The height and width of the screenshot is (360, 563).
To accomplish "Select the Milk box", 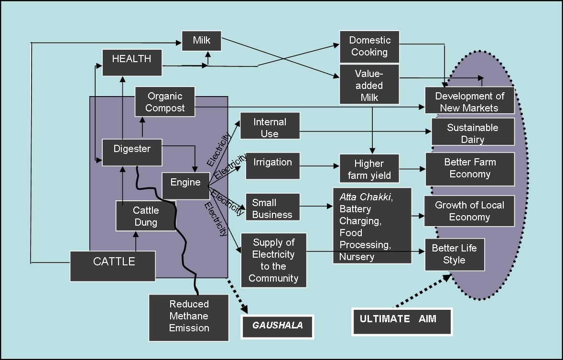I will point(202,40).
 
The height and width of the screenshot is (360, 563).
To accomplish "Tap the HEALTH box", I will point(131,62).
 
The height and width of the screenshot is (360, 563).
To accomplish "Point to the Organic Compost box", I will point(165,102).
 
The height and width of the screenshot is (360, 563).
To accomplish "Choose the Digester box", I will point(132,152).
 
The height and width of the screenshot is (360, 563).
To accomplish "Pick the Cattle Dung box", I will point(146,216).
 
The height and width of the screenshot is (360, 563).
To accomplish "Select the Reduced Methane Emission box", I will point(189,316).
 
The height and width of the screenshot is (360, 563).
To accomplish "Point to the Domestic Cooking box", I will point(369,46).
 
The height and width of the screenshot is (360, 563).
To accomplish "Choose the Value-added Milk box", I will point(369,85).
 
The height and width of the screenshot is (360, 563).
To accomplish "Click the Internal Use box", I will point(270,127).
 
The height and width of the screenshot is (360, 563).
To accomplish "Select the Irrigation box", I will point(272,165).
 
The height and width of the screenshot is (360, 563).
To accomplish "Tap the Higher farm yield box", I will point(369,169).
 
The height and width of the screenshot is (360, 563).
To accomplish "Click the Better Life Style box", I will point(454,254).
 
